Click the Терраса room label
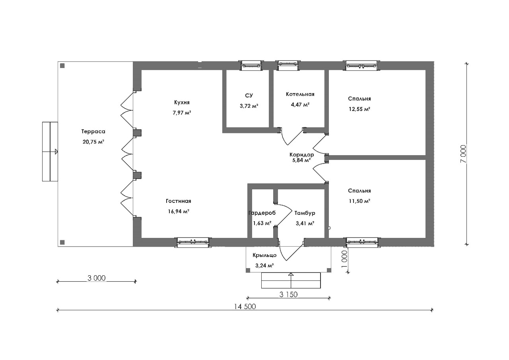(93, 132)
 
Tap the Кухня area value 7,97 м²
(182, 113)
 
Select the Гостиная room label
(179, 201)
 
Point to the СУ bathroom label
(249, 95)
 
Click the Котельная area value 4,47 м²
(300, 105)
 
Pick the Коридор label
(301, 155)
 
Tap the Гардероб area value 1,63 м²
(262, 223)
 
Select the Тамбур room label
(305, 213)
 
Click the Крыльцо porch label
(264, 255)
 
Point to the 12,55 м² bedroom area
(359, 109)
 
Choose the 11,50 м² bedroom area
(359, 201)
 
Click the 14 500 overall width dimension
(245, 307)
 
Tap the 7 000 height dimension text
(463, 154)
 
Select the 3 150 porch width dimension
(288, 294)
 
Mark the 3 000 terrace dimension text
(97, 278)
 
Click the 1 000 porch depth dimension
(344, 259)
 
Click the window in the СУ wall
(251, 66)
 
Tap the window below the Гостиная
(193, 242)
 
